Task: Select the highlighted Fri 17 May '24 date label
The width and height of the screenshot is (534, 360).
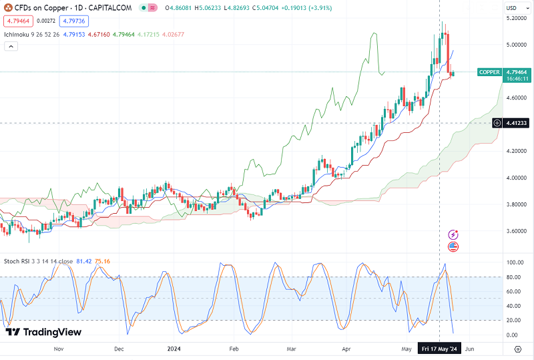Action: [x=439, y=349]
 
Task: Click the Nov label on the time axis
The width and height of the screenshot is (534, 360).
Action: [x=58, y=349]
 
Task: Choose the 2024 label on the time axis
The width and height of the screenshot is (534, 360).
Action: [x=174, y=349]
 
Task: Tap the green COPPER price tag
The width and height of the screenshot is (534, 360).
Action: [x=489, y=72]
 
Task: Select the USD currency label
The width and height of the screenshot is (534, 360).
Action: [x=511, y=8]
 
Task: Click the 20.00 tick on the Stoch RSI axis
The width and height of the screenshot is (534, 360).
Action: [x=513, y=320]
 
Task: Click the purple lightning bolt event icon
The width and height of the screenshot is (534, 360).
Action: [x=453, y=234]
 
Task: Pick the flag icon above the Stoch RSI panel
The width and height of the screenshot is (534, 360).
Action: [x=453, y=246]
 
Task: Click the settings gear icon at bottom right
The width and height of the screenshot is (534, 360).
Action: [x=517, y=349]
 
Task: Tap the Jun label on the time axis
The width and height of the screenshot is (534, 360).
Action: [x=470, y=349]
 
